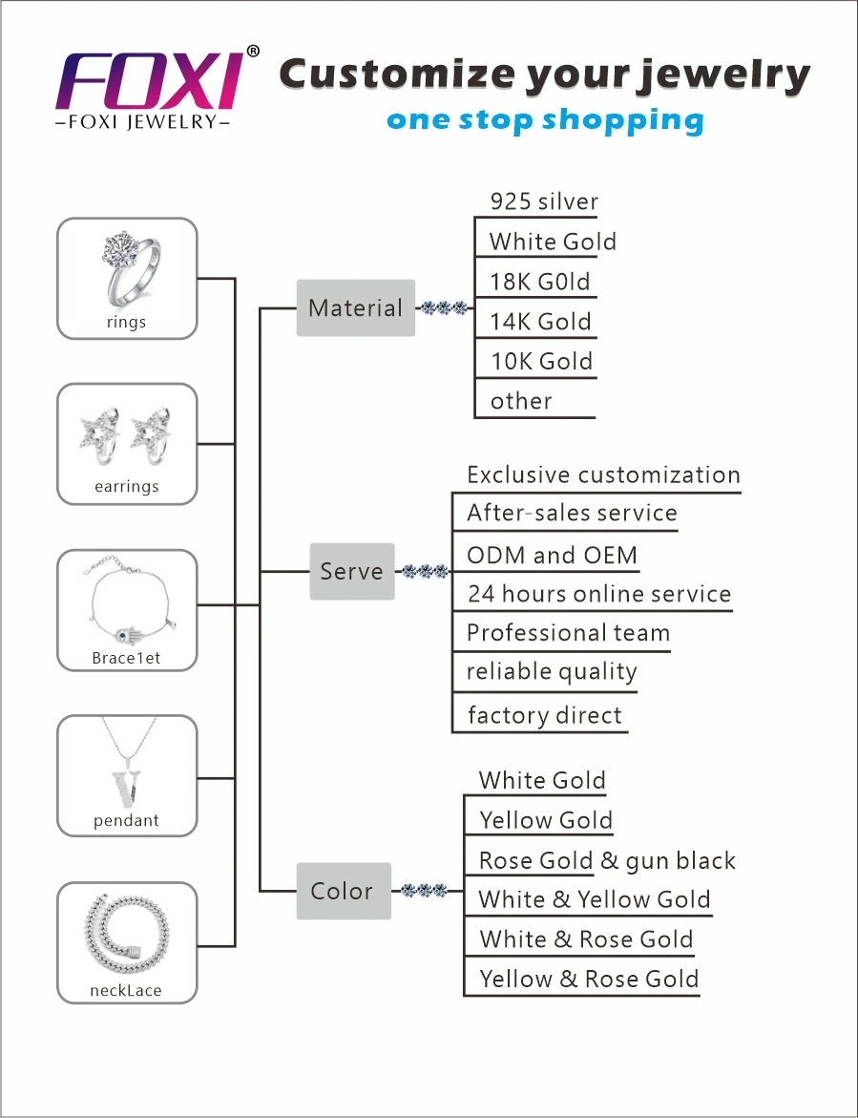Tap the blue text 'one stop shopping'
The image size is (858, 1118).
pyautogui.click(x=545, y=121)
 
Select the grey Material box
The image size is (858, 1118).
pyautogui.click(x=355, y=307)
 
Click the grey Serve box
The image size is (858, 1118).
pyautogui.click(x=351, y=571)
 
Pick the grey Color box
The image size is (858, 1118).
pyautogui.click(x=343, y=891)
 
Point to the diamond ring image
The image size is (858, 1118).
pyautogui.click(x=127, y=267)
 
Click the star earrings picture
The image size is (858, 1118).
pyautogui.click(x=127, y=432)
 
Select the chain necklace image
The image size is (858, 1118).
pyautogui.click(x=127, y=933)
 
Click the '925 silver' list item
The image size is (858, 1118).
pyautogui.click(x=544, y=201)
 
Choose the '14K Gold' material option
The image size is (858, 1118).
pyautogui.click(x=540, y=322)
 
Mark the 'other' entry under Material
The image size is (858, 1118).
pyautogui.click(x=521, y=401)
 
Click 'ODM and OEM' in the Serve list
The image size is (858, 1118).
pyautogui.click(x=552, y=555)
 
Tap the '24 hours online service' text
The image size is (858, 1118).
pyautogui.click(x=598, y=594)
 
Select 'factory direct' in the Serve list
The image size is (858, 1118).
pyautogui.click(x=544, y=715)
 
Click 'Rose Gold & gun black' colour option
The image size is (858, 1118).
pyautogui.click(x=607, y=860)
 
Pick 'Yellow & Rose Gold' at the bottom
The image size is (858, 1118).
pyautogui.click(x=589, y=979)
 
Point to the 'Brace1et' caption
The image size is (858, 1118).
pyautogui.click(x=126, y=659)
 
